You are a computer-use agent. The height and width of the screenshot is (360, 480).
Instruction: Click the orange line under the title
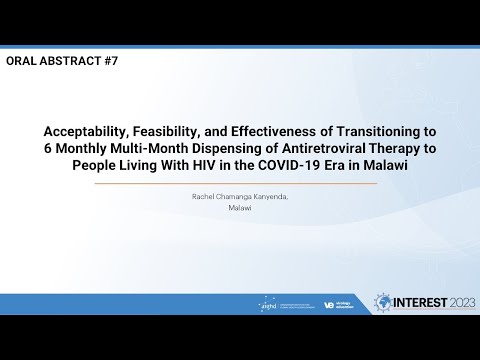pos(240,183)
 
